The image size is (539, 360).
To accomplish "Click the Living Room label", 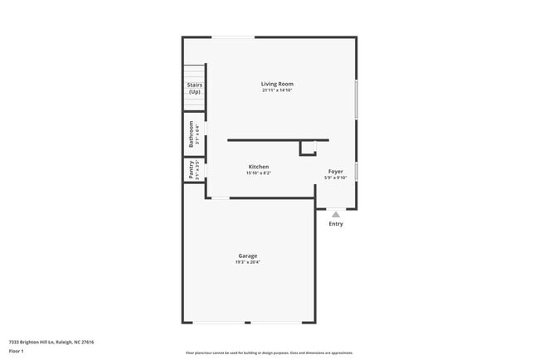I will [277, 84].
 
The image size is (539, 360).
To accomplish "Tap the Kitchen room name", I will [258, 167].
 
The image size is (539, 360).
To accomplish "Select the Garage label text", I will [247, 255].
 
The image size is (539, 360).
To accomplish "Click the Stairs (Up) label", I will [194, 88].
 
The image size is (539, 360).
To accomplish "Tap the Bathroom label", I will [191, 134].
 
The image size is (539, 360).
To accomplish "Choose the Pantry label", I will [191, 169].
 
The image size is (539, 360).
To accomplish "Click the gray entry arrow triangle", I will [336, 214].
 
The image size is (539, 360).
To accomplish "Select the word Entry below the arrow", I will [336, 224].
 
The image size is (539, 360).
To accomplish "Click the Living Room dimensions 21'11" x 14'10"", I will [277, 90].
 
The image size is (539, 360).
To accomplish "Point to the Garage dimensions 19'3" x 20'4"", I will [247, 262].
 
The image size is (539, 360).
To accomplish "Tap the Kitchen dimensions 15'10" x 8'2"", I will [258, 173].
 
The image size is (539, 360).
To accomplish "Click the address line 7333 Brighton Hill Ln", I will [51, 342].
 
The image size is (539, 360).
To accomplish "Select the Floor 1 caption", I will [17, 351].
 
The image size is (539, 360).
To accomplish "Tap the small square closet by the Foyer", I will [308, 148].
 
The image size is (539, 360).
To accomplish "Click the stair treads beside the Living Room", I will [194, 73].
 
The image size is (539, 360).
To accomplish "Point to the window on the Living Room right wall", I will [357, 99].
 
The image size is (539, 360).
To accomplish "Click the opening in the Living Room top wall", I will [233, 36].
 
